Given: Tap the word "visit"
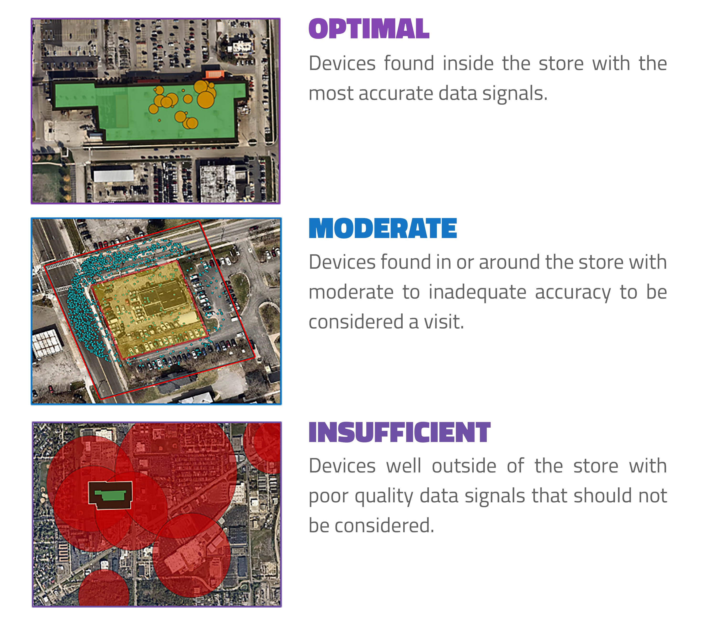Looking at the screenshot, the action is [x=444, y=322].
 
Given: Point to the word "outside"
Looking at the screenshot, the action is [x=464, y=466].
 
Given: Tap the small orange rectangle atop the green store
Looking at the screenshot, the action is [x=214, y=74].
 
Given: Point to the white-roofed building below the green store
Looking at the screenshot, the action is [x=113, y=175].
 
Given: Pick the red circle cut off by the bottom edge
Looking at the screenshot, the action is [x=104, y=589].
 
